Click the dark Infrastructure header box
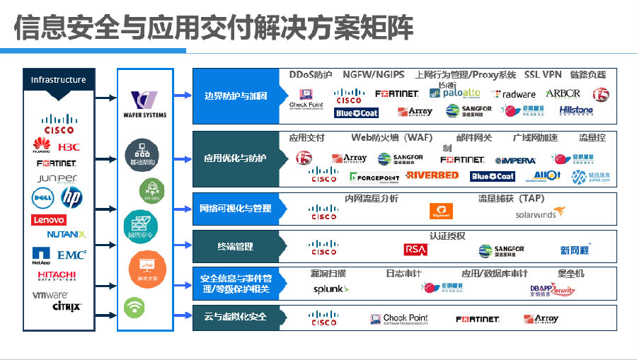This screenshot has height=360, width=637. [x=58, y=80]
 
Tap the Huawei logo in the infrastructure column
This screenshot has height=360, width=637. [x=42, y=146]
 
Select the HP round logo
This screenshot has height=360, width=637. [x=71, y=197]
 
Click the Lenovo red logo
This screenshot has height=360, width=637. [x=49, y=220]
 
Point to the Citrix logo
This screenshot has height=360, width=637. [x=67, y=307]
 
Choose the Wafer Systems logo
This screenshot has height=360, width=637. [x=149, y=104]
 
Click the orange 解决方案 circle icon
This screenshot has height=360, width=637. [x=147, y=269]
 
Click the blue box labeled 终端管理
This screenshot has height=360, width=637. [x=236, y=246]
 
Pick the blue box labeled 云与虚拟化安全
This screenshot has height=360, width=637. [x=236, y=317]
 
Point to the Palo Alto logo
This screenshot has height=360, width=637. [x=461, y=93]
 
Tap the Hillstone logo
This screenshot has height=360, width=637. [x=576, y=110]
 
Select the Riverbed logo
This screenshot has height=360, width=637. [x=432, y=175]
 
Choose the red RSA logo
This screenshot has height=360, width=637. [x=415, y=250]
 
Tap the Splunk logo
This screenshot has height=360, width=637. [x=331, y=289]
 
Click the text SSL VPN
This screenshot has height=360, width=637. [x=543, y=74]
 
